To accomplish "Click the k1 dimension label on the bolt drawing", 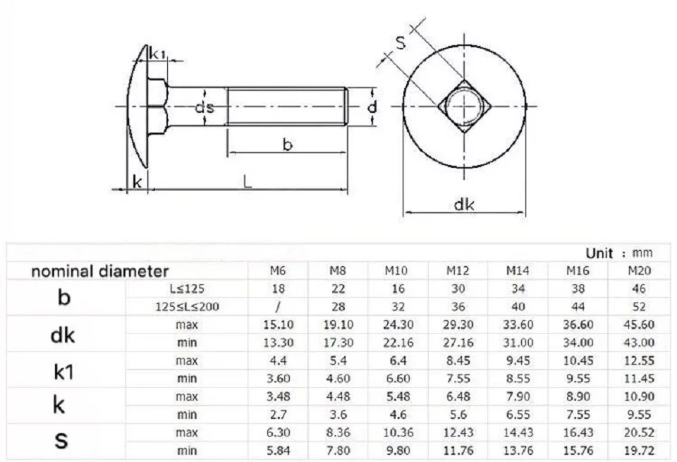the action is click(x=157, y=54).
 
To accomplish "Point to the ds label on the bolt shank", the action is click(x=205, y=107).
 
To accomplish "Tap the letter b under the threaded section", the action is click(x=288, y=144).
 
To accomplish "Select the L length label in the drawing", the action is click(x=247, y=181).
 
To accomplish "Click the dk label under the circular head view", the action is click(x=464, y=204).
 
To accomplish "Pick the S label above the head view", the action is click(x=401, y=42).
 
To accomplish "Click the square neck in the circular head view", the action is click(x=464, y=106).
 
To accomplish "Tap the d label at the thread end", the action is click(x=372, y=107).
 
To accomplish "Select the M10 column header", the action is click(x=396, y=271).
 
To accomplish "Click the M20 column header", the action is click(x=639, y=271).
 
